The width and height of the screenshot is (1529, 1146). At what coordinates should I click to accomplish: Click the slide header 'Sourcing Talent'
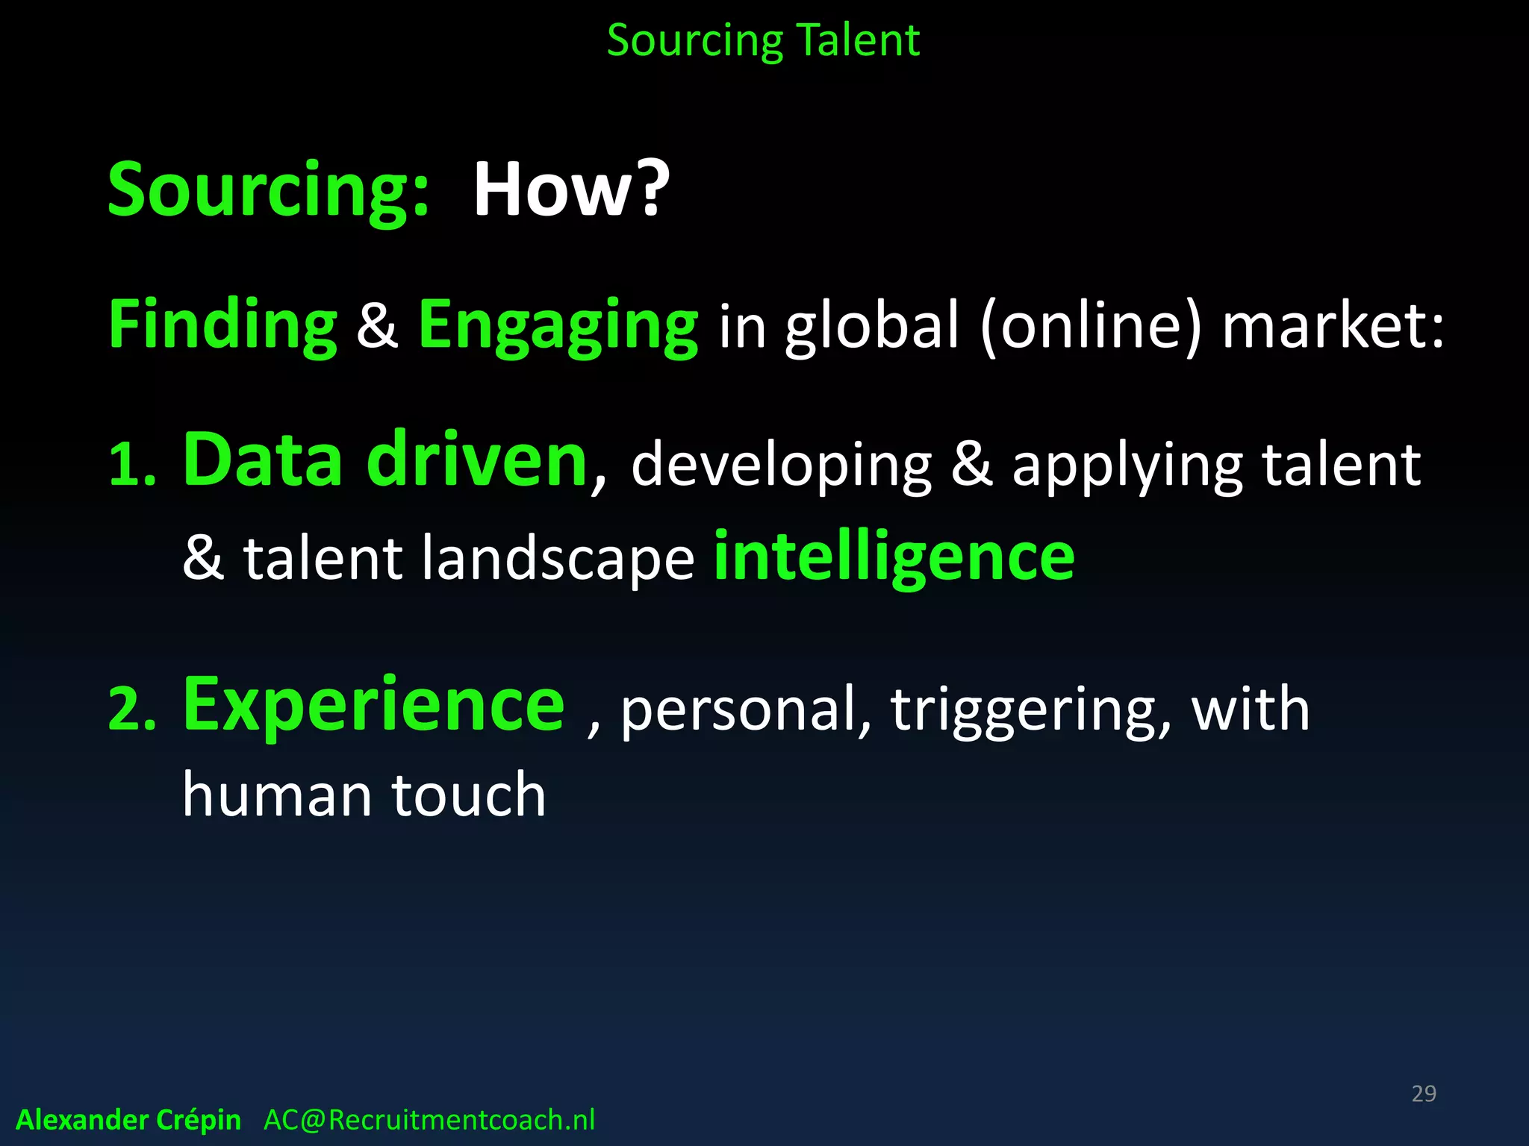tap(763, 40)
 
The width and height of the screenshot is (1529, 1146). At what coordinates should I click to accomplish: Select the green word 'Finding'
tap(223, 325)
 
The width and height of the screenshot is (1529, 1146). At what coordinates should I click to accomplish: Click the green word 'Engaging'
tap(558, 325)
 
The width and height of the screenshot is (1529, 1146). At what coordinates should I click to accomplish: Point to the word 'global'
tap(871, 325)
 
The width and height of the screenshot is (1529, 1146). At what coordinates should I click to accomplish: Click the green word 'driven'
tap(477, 460)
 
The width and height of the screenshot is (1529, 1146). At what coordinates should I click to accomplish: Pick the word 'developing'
tap(782, 466)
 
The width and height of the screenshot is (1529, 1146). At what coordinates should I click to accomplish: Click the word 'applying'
tap(1127, 466)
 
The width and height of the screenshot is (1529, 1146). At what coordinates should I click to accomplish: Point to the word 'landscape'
tap(558, 558)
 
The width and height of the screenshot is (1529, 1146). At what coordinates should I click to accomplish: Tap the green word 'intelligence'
tap(894, 557)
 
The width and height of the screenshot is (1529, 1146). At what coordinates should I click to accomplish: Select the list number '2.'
tap(133, 709)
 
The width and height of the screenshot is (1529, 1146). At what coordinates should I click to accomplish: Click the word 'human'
tap(276, 795)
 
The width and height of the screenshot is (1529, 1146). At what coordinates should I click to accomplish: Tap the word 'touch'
tap(469, 795)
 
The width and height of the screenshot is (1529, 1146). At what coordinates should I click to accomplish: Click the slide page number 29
tap(1424, 1094)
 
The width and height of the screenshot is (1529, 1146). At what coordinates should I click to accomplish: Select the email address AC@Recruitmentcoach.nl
tap(429, 1120)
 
